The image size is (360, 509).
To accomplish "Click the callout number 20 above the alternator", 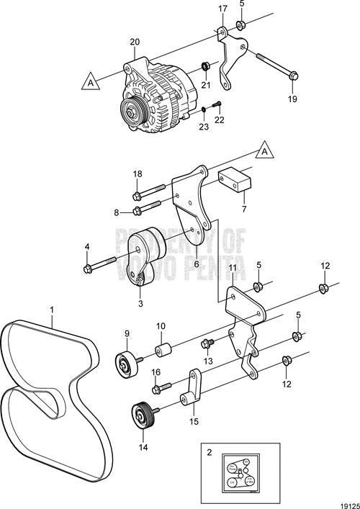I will tap(133, 42).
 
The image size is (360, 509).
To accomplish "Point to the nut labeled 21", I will tap(205, 67).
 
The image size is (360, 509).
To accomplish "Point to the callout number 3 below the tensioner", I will tap(140, 304).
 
